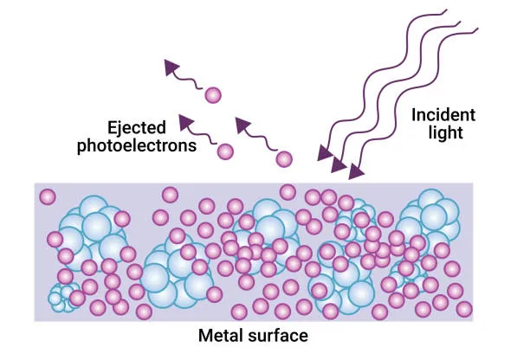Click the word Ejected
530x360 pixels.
(x=137, y=128)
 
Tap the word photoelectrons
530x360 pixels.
(x=137, y=146)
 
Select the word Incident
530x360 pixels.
(x=443, y=115)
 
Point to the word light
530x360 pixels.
(x=445, y=132)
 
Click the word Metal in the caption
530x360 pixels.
(x=220, y=336)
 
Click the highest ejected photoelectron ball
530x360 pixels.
(x=213, y=95)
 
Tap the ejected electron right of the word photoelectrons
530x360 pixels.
(x=225, y=151)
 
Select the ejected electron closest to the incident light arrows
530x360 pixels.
(x=284, y=159)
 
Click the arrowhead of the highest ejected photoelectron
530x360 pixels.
(x=171, y=67)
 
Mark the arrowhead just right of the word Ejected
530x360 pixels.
(x=185, y=122)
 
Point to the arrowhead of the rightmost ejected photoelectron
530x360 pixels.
(x=242, y=125)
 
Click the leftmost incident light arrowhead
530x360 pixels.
(x=325, y=153)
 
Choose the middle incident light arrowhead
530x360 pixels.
(x=339, y=164)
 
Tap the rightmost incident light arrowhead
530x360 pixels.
(x=356, y=171)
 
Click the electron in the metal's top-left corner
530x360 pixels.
(x=48, y=197)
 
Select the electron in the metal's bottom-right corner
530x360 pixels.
(x=464, y=309)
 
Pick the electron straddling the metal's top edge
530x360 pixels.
(x=288, y=192)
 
